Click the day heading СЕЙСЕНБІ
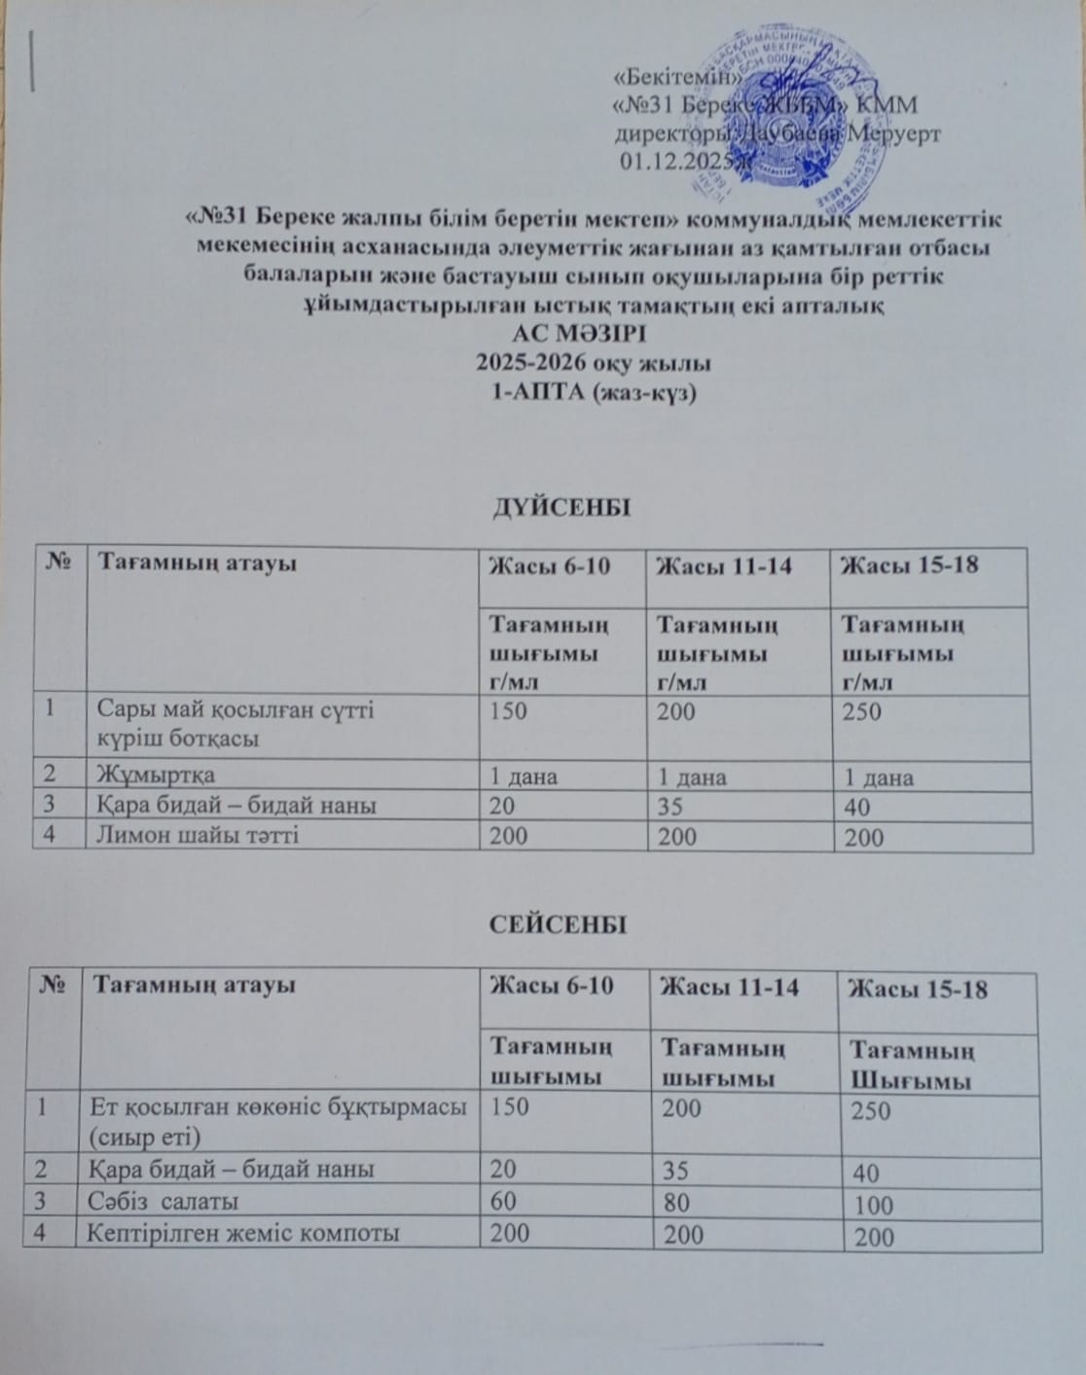tap(557, 924)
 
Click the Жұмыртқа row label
tap(156, 775)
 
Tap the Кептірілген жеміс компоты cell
tap(242, 1234)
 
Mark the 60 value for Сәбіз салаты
tap(503, 1201)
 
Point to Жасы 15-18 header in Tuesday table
tap(919, 990)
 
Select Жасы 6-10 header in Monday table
tap(549, 565)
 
